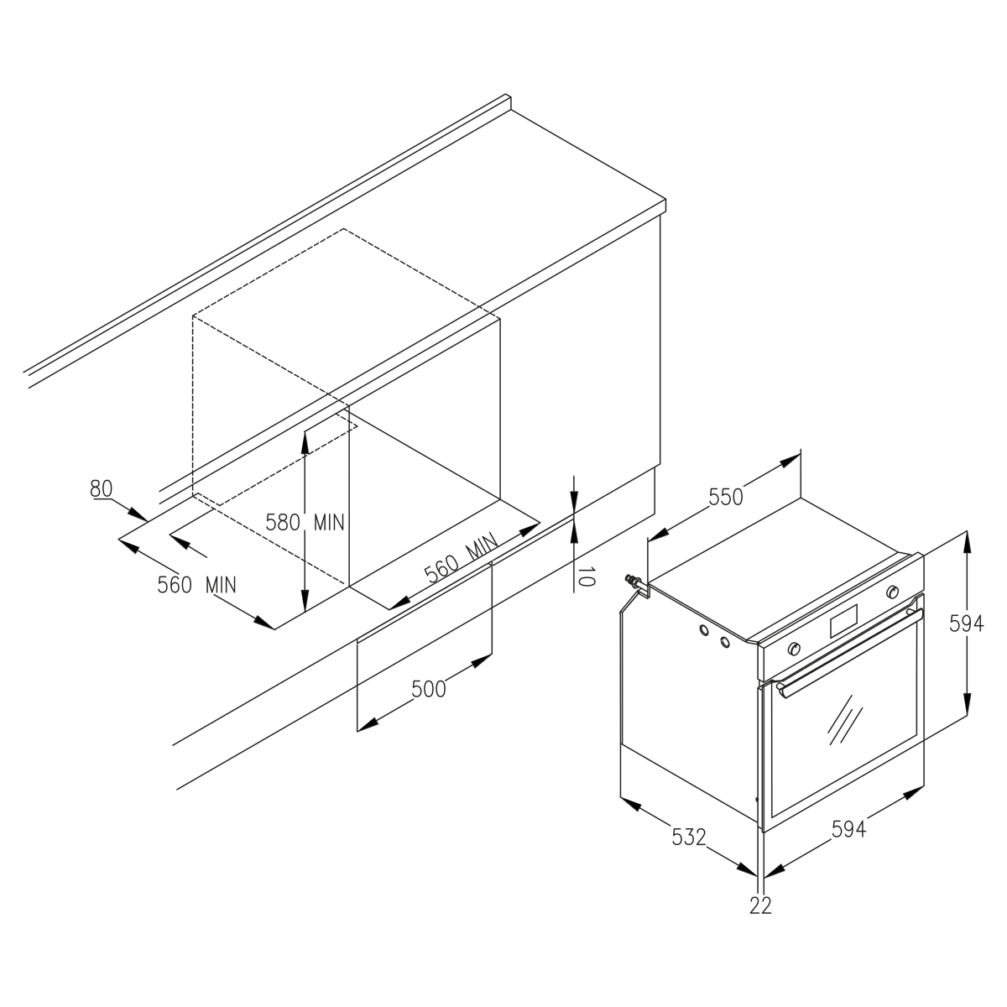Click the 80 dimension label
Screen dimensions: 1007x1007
click(x=101, y=488)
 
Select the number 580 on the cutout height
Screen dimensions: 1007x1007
click(x=283, y=522)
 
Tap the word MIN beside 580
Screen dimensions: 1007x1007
click(x=329, y=522)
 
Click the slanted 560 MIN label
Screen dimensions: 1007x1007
click(x=461, y=558)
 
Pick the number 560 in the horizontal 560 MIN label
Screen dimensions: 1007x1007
click(x=175, y=585)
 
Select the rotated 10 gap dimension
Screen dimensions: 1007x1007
click(x=587, y=577)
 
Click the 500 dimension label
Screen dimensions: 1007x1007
click(x=429, y=689)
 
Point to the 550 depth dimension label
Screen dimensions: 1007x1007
click(x=725, y=497)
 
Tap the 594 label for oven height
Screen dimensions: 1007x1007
click(x=966, y=624)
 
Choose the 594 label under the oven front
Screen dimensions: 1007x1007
click(x=848, y=829)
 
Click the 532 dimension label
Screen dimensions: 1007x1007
click(x=689, y=837)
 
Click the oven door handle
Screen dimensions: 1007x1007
click(x=849, y=653)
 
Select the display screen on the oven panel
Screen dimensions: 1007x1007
click(x=843, y=621)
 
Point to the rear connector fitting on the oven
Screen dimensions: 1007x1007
click(x=634, y=582)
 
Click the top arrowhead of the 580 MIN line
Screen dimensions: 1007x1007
click(x=305, y=442)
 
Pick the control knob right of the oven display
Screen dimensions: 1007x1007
click(x=892, y=592)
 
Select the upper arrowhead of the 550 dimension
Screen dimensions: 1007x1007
click(x=790, y=461)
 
